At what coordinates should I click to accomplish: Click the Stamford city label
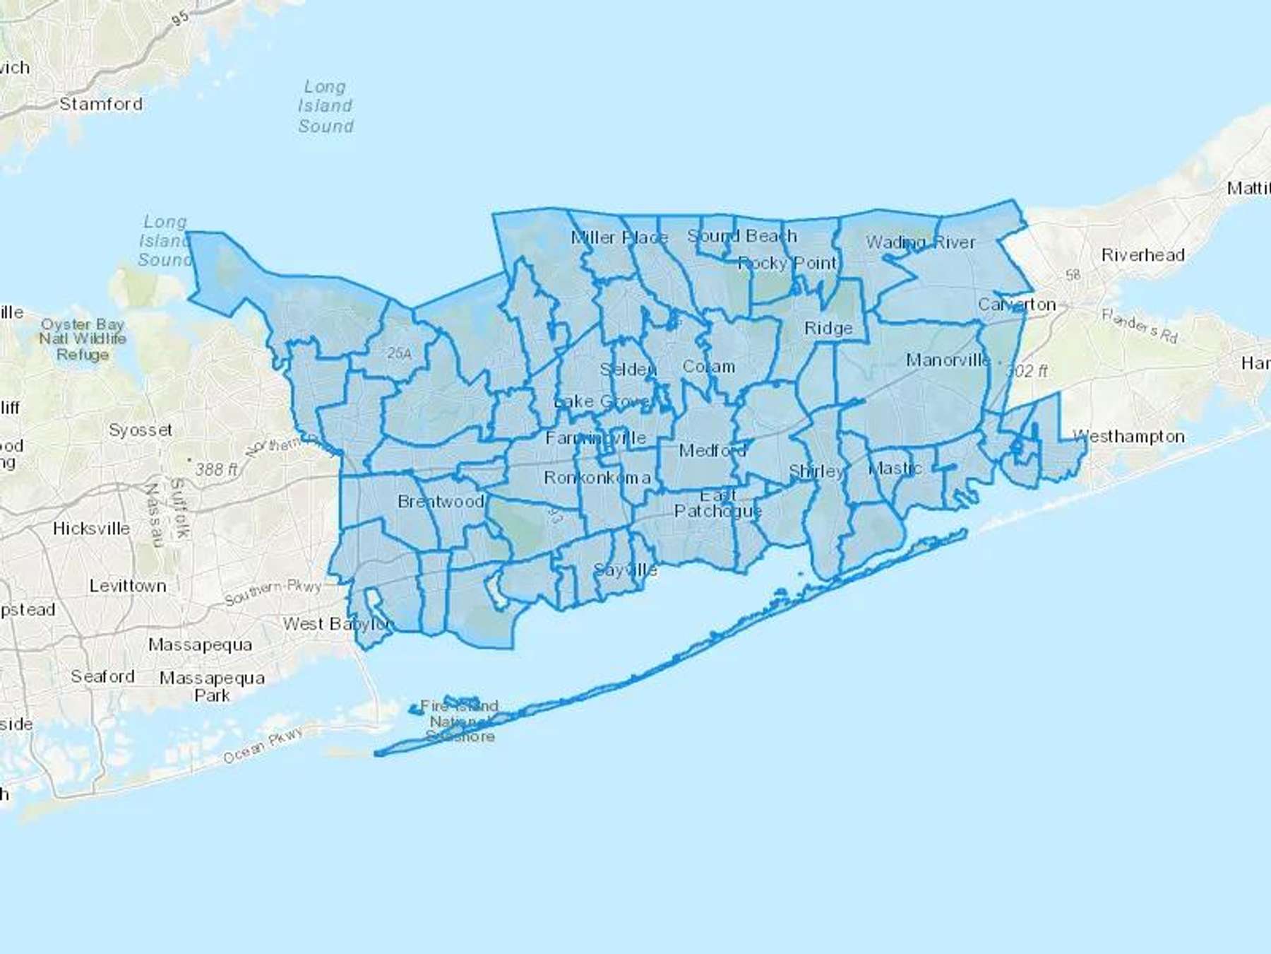click(x=101, y=104)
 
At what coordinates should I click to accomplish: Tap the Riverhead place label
click(x=1142, y=255)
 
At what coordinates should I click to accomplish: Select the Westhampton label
click(x=1128, y=437)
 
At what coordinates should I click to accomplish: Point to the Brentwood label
click(x=441, y=502)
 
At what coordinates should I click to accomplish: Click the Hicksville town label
click(x=91, y=529)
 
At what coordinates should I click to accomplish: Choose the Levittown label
click(x=128, y=586)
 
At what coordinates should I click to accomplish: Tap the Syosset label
click(x=141, y=430)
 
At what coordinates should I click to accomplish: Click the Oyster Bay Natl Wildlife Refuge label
click(x=83, y=339)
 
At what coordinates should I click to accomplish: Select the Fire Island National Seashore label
click(x=460, y=721)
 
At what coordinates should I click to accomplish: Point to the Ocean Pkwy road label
click(x=263, y=746)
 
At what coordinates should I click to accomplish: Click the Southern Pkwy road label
click(x=273, y=592)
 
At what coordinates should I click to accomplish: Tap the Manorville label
click(x=948, y=360)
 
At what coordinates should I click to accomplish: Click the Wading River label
click(x=920, y=242)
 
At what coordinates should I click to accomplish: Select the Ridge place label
click(x=828, y=329)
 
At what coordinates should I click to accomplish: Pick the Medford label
click(x=712, y=450)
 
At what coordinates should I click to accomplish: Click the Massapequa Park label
click(x=212, y=686)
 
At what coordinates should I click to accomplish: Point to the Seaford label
click(x=102, y=676)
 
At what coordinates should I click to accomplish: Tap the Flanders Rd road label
click(x=1140, y=326)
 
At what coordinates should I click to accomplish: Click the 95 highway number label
click(x=181, y=17)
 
